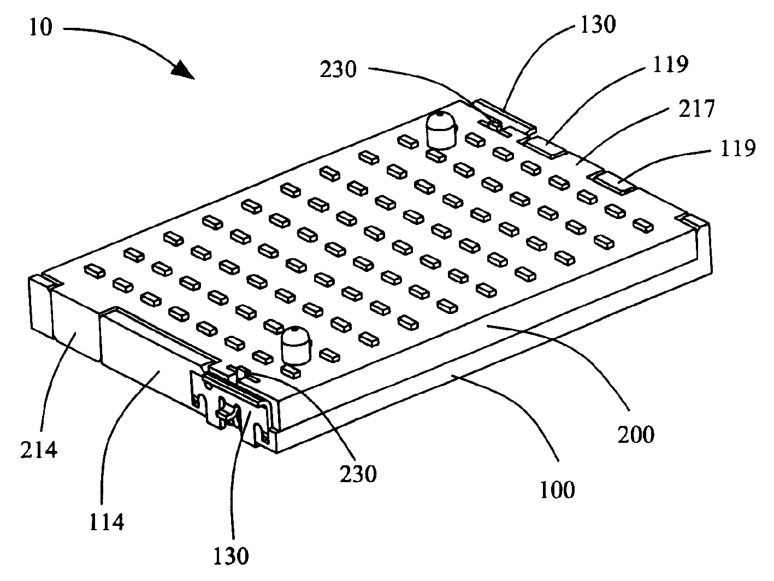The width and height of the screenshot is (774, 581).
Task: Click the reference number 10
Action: (41, 27)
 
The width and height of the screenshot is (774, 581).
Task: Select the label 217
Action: (697, 109)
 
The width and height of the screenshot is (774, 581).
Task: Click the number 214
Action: (38, 450)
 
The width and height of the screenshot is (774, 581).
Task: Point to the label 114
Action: (106, 522)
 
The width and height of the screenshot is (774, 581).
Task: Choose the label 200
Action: (636, 434)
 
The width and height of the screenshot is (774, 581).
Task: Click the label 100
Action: (557, 489)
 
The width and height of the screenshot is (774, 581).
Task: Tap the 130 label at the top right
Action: (598, 24)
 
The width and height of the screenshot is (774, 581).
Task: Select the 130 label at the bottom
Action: (231, 556)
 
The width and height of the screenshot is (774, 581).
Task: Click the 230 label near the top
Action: (338, 69)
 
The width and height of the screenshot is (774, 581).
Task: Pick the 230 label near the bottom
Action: (358, 474)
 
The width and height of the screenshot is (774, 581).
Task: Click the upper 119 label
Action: (670, 64)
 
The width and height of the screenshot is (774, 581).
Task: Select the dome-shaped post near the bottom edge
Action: (297, 345)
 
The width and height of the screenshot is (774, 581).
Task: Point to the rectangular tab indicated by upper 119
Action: (543, 147)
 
